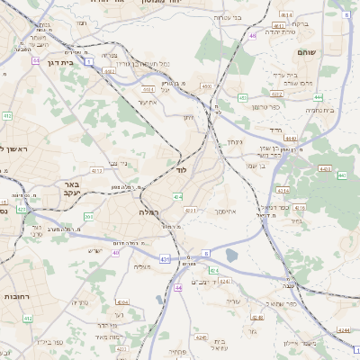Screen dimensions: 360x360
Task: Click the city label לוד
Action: tap(181, 169)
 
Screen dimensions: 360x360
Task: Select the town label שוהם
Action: tap(306, 52)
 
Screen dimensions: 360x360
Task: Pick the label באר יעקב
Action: tap(72, 188)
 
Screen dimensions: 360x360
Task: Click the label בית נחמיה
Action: tap(319, 110)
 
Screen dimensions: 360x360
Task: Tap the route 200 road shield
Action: tap(88, 216)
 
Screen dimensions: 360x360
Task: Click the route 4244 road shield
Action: tap(343, 330)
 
